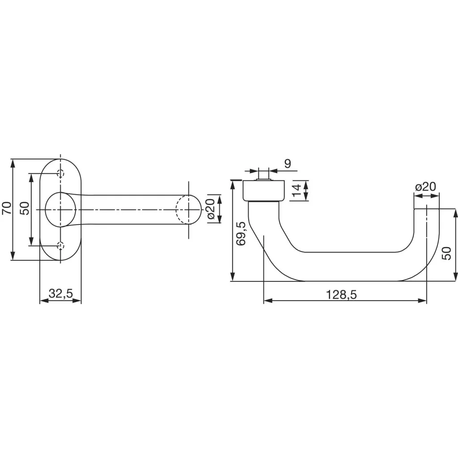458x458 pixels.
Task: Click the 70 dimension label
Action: [x=6, y=209]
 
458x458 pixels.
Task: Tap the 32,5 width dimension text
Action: [x=60, y=294]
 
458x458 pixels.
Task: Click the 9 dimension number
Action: [x=288, y=163]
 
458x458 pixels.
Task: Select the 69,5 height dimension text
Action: [x=242, y=233]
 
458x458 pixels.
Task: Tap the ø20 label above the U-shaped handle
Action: [x=425, y=187]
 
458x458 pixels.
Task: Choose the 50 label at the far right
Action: [x=446, y=254]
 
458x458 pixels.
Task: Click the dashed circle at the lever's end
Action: [x=187, y=209]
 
